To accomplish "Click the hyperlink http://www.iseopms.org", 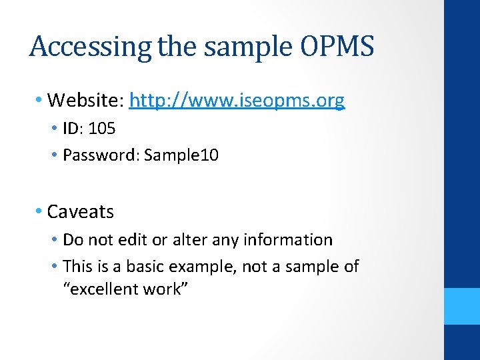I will [x=237, y=101].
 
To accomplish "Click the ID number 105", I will [x=102, y=129].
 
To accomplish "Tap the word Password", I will [x=101, y=155].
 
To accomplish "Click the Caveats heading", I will [x=81, y=212].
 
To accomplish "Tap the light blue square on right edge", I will [x=462, y=306].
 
